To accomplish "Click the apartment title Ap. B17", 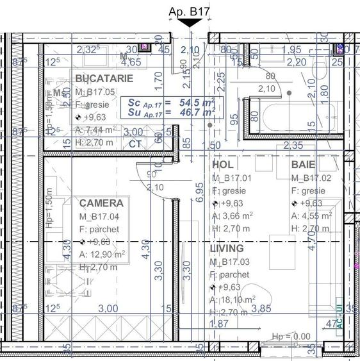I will click(x=190, y=10).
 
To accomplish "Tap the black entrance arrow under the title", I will click(x=190, y=22).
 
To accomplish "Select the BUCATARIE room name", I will click(x=104, y=78).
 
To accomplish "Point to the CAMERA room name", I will click(x=101, y=203).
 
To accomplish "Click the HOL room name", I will click(x=223, y=165).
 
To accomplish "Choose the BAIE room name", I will click(x=304, y=165).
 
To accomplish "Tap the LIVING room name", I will click(x=227, y=248).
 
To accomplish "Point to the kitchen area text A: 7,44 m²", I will click(x=96, y=130).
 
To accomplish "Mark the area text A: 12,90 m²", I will click(x=102, y=254).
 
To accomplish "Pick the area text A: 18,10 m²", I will click(x=233, y=299).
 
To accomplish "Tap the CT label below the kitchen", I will click(x=135, y=144).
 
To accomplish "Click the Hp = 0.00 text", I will click(x=291, y=337).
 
